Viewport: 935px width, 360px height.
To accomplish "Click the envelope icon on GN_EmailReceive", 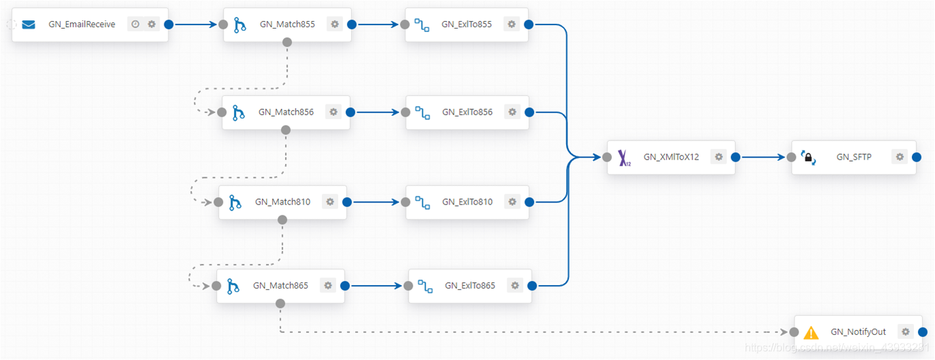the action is (x=29, y=25).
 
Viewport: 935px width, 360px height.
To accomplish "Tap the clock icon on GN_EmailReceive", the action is (x=135, y=24).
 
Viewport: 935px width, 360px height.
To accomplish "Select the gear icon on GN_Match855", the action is (x=335, y=24).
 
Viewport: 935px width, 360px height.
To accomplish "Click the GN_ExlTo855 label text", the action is (x=466, y=24).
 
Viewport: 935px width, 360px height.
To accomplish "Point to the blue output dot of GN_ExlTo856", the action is (x=529, y=112).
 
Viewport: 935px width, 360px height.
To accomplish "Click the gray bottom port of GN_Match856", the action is (x=286, y=130).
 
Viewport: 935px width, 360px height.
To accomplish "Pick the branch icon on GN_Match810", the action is (x=235, y=202).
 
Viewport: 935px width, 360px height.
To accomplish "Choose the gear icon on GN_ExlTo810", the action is (x=513, y=202).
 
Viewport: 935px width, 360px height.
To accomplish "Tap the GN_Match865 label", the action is (x=280, y=285).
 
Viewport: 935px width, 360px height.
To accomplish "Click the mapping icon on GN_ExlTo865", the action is (x=426, y=286).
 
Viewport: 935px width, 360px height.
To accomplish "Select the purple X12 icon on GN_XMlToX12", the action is (x=624, y=158).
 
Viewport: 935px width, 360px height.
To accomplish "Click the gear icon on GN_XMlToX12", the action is (x=719, y=157).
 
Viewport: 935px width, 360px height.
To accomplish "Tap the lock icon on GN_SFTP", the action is (x=809, y=157).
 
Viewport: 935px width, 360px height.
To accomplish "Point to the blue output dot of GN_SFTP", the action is (x=917, y=157).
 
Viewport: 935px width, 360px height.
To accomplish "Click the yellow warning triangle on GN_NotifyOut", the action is (x=811, y=333).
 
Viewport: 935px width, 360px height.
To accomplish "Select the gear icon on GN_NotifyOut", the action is (x=906, y=331).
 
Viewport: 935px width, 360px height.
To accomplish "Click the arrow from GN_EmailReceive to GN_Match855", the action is (x=196, y=25).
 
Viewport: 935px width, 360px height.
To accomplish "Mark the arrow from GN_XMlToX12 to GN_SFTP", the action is (x=763, y=157).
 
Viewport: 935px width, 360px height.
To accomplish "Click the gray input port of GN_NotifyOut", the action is (x=795, y=332).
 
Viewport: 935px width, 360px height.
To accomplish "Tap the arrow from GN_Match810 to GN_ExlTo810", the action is (x=376, y=202).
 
